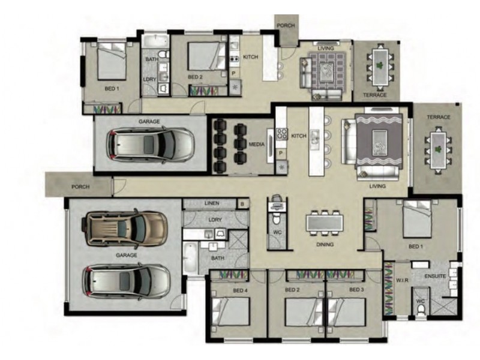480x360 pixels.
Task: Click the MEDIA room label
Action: (257, 144)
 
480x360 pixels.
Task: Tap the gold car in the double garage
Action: (125, 227)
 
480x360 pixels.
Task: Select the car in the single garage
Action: (150, 145)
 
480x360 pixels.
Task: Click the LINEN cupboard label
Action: (212, 203)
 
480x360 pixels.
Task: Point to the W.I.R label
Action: (402, 280)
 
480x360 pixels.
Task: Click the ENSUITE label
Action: (436, 276)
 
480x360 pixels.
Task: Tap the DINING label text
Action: (325, 244)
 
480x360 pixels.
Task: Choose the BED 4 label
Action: (240, 290)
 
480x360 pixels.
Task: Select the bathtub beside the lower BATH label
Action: (190, 258)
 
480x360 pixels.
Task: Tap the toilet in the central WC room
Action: (277, 220)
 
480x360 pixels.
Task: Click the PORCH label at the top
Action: (286, 26)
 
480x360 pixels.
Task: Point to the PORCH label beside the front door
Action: (80, 187)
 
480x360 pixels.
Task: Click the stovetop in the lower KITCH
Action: (282, 134)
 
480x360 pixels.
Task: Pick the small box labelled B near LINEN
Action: (242, 204)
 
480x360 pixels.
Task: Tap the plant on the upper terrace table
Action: (380, 65)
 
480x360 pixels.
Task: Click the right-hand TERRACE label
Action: (439, 117)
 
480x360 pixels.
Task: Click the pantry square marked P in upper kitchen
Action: (233, 73)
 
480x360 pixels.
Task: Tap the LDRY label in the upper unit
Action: (149, 79)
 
